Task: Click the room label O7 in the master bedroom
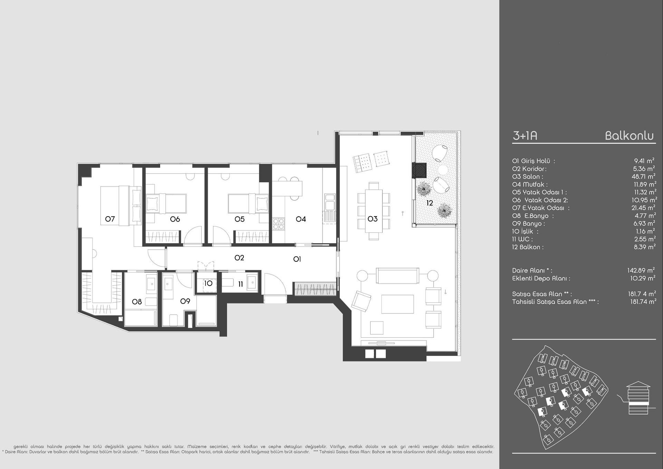point(110,219)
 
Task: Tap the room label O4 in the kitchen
point(301,219)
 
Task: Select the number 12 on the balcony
point(430,203)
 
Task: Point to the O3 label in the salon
point(373,219)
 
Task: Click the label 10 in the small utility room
point(208,284)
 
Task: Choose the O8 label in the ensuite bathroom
point(137,302)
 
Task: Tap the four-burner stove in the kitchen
point(279,224)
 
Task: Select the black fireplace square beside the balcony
point(419,170)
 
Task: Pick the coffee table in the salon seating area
point(397,304)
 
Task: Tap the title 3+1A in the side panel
point(525,136)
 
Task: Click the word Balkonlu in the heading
point(630,136)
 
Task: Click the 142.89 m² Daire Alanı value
point(642,270)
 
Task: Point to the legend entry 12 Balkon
point(528,247)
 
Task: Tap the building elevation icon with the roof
point(638,398)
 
